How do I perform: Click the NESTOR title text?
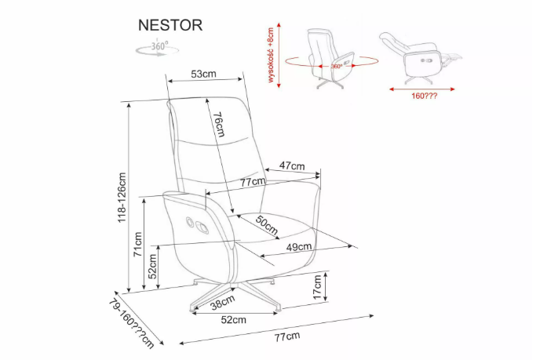point(170,25)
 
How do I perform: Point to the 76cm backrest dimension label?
point(219,124)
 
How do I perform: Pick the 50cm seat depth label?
point(266,225)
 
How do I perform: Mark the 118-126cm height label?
point(122,198)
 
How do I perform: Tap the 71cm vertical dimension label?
point(137,244)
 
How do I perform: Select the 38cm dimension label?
point(222,300)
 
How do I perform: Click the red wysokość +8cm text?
point(272,56)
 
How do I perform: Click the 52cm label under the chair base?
point(233,319)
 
